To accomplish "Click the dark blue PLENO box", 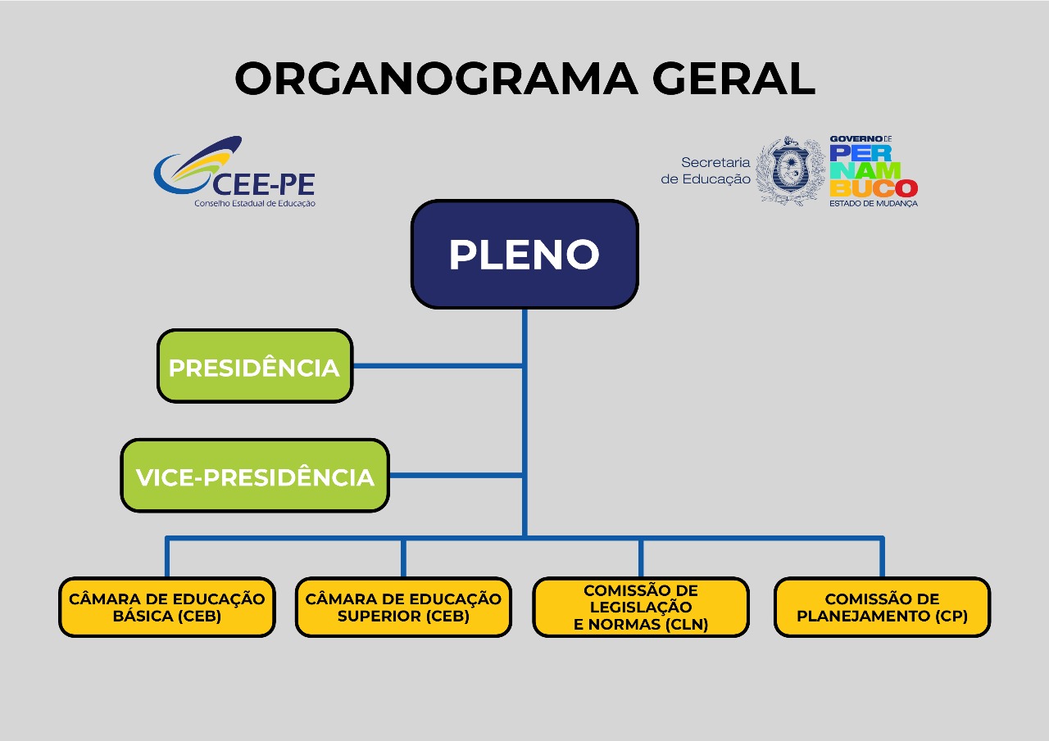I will click(x=524, y=255).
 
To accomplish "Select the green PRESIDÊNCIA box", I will click(x=254, y=367).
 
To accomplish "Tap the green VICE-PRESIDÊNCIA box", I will click(x=255, y=476).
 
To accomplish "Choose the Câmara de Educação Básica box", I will click(x=166, y=608).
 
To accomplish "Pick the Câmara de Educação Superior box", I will click(x=403, y=608).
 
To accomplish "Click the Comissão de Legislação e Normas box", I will click(x=641, y=608).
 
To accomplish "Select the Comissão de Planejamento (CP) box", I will click(x=882, y=608).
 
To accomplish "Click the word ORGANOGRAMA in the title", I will click(x=436, y=79).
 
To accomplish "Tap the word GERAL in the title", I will click(x=733, y=79).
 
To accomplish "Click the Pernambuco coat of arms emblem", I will click(x=791, y=170).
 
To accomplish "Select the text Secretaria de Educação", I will click(x=706, y=170).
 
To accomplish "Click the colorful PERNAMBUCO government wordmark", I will click(x=873, y=170).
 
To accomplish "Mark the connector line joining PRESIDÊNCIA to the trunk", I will click(x=438, y=366).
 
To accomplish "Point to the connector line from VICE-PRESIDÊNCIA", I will click(x=456, y=475).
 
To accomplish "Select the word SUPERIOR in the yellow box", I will click(x=375, y=617).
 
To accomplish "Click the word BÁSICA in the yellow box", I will click(x=143, y=617).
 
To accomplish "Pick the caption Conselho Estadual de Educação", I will click(x=254, y=203).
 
